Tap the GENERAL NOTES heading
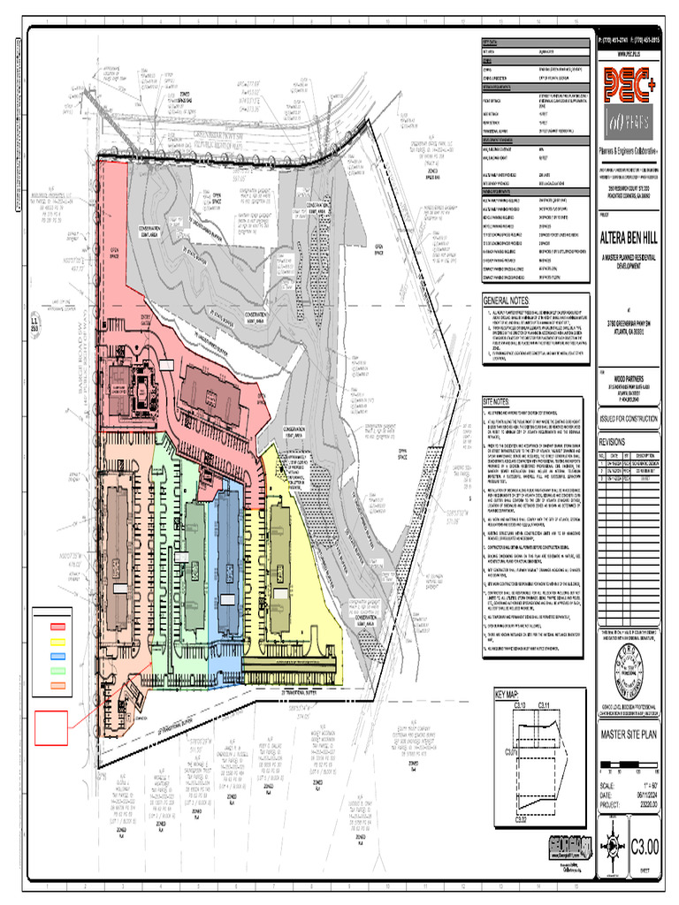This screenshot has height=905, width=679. [506, 301]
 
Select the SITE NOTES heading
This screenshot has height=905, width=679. [495, 401]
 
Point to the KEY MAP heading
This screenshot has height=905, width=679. [509, 695]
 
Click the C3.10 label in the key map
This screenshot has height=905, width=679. [520, 705]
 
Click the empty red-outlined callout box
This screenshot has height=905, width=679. [52, 731]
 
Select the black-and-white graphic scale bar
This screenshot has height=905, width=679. [629, 764]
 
